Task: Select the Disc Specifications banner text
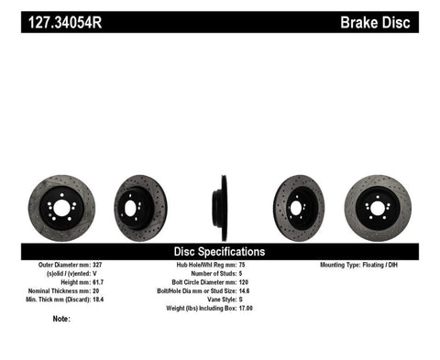pos(219,250)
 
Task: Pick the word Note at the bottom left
pos(60,320)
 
